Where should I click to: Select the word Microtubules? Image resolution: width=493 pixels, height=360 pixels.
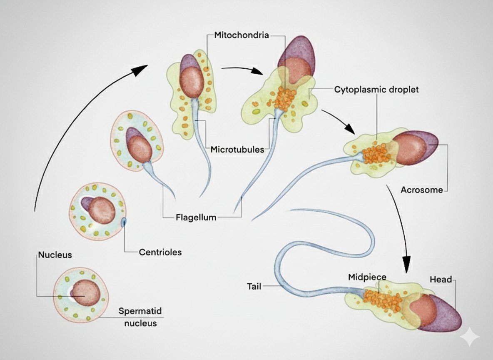pos(237,149)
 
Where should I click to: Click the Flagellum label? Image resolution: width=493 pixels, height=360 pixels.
pos(196,217)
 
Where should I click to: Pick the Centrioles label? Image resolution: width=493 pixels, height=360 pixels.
pos(160,252)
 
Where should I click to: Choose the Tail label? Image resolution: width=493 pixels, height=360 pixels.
pos(254,286)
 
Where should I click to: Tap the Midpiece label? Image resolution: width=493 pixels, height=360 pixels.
pos(367,277)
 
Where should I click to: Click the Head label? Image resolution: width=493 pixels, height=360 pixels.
pos(441,280)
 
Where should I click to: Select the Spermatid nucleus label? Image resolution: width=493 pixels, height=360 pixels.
pos(140,317)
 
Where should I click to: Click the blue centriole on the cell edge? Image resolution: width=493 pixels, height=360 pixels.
pos(124,222)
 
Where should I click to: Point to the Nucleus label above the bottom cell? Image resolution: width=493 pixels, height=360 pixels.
pos(55,255)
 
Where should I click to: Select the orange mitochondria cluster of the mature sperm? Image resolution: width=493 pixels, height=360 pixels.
pos(382,300)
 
